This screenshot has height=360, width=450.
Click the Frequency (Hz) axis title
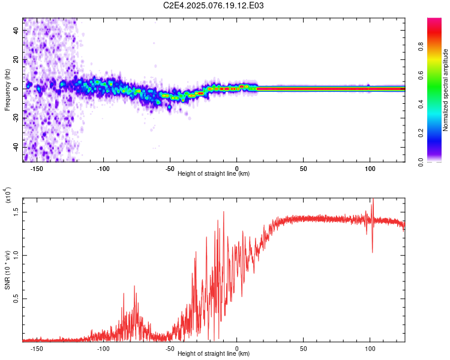(7, 90)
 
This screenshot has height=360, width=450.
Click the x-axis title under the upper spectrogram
(214, 173)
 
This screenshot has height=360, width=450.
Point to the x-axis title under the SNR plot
(214, 353)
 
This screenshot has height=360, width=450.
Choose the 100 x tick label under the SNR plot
(370, 347)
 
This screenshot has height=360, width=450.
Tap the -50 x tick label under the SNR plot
(170, 347)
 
